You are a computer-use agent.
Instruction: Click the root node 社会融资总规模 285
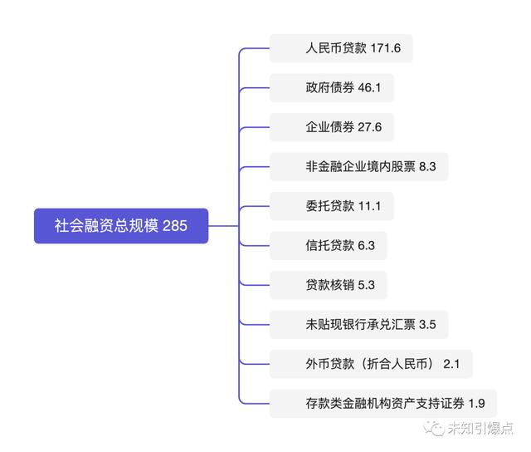(121, 226)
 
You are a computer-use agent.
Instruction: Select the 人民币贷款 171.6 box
(341, 48)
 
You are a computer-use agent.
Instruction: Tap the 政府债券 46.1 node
(332, 87)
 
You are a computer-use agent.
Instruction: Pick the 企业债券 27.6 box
(332, 127)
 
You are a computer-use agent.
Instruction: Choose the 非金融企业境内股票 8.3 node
(359, 166)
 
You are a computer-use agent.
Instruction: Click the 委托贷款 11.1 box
(332, 206)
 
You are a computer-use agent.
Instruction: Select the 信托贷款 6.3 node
(329, 245)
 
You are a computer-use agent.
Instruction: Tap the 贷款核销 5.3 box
(329, 285)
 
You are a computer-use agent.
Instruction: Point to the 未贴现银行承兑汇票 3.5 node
(359, 325)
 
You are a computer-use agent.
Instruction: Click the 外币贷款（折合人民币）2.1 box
(371, 364)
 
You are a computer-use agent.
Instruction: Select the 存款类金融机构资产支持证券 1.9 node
(383, 404)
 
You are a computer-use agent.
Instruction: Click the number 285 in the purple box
(175, 226)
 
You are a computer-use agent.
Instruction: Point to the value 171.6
(385, 48)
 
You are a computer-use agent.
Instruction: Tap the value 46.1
(369, 88)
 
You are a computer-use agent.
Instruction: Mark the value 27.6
(370, 127)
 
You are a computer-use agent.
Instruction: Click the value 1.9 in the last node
(476, 404)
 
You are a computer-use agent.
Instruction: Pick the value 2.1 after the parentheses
(451, 364)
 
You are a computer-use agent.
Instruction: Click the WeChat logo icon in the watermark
(434, 428)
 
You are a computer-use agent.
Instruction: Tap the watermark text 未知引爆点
(480, 428)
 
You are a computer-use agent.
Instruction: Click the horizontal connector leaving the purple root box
(223, 226)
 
